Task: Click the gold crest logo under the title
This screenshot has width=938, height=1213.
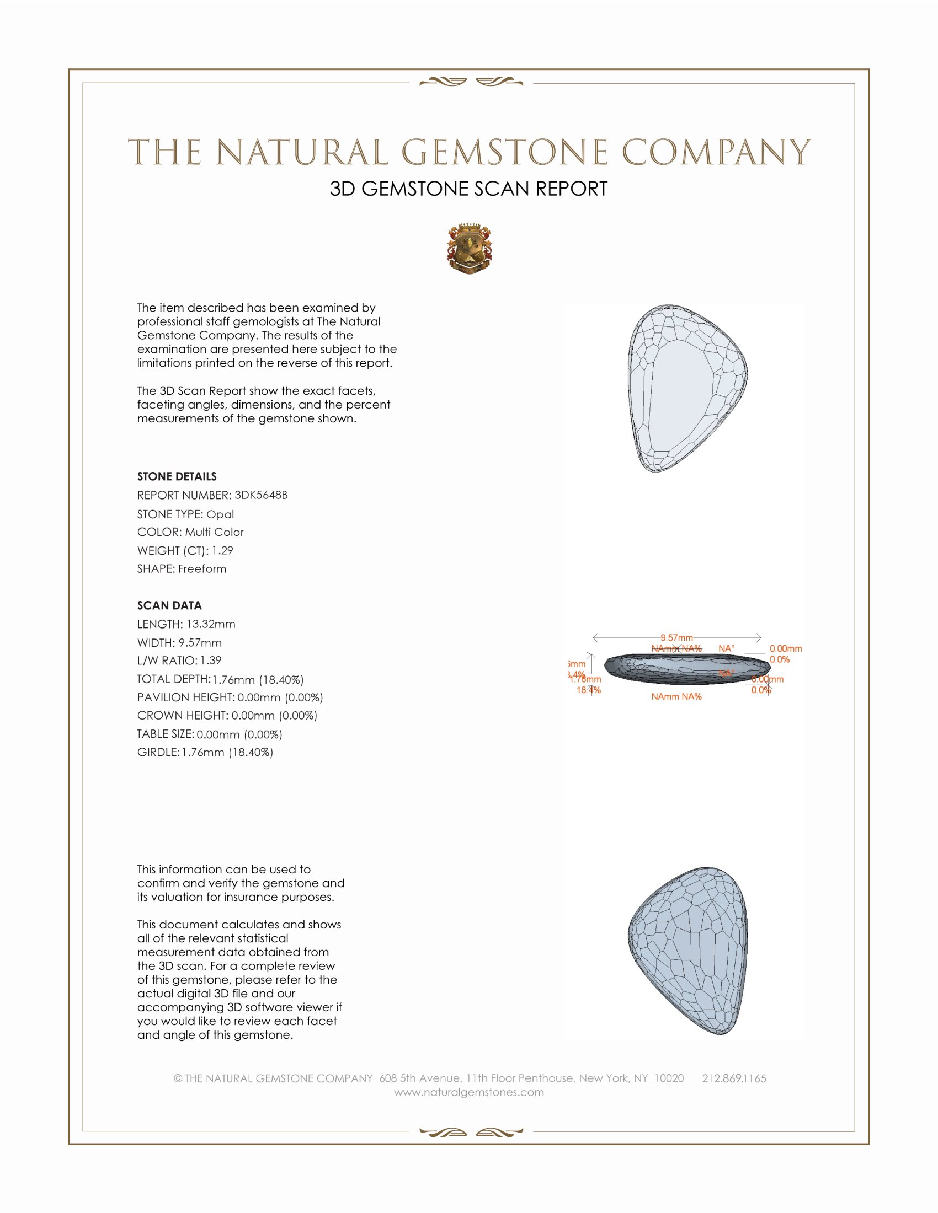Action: pyautogui.click(x=469, y=249)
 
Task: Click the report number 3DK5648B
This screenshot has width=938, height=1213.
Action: pyautogui.click(x=260, y=495)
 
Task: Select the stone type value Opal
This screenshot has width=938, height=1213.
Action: pyautogui.click(x=220, y=514)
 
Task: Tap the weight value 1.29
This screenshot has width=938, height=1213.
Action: pyautogui.click(x=222, y=550)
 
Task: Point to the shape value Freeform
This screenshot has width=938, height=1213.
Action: pyautogui.click(x=202, y=569)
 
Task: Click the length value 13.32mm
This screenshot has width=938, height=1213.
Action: pyautogui.click(x=211, y=624)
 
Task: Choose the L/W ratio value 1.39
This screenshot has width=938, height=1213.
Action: pyautogui.click(x=211, y=661)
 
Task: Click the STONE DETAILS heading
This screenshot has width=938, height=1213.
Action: pyautogui.click(x=177, y=476)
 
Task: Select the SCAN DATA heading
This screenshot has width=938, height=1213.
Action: pyautogui.click(x=169, y=605)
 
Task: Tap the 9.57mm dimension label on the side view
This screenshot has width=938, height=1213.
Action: pyautogui.click(x=676, y=637)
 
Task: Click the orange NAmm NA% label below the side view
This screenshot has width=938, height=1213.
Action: pyautogui.click(x=676, y=696)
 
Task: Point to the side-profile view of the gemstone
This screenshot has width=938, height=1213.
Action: pyautogui.click(x=687, y=669)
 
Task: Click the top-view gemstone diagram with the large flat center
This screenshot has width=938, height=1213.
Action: pyautogui.click(x=687, y=389)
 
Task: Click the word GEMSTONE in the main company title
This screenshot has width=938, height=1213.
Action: pyautogui.click(x=504, y=153)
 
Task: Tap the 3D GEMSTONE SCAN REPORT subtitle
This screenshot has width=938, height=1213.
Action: pyautogui.click(x=468, y=189)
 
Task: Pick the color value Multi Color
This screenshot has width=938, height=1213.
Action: pyautogui.click(x=214, y=532)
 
